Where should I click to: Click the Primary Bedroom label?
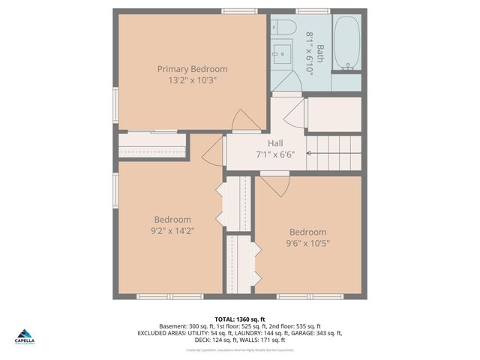point(192,69)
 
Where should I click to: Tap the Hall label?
point(275,142)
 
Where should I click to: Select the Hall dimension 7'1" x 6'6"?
point(275,154)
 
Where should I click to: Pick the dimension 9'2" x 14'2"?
point(173,231)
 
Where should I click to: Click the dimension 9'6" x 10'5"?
point(307,243)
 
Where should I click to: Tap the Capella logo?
point(25,337)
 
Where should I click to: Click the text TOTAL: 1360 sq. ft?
point(240,319)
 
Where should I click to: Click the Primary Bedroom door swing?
point(244,120)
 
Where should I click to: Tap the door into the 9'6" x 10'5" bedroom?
point(274,184)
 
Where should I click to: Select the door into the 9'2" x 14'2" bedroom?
point(212,150)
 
